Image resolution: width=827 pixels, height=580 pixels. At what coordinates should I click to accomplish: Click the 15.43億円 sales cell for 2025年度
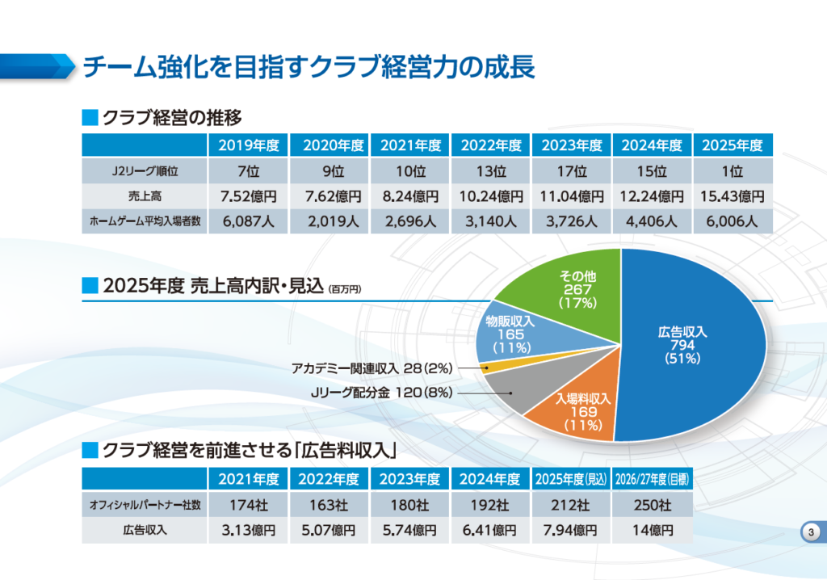pos(733,196)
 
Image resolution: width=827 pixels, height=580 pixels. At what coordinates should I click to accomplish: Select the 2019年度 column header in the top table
pos(249,145)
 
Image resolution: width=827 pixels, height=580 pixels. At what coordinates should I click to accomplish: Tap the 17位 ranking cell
pos(572,171)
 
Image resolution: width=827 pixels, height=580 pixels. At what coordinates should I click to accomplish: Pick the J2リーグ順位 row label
pos(145,171)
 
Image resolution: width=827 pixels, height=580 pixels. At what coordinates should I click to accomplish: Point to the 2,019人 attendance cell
pos(330,221)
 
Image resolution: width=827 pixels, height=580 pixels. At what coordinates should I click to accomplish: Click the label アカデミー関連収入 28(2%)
pos(372,369)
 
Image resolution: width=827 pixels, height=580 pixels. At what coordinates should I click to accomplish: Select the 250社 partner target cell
pos(653,506)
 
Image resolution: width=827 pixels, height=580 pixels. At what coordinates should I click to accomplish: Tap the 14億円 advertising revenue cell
pos(653,531)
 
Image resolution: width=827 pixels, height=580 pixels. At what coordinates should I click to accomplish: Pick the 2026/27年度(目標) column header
pos(653,480)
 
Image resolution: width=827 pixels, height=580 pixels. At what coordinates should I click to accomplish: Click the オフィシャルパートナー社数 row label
pos(145,506)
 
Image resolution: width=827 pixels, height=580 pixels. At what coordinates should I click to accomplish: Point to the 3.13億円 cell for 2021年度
pos(249,531)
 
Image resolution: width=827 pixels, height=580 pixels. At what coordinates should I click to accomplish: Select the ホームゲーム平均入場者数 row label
pos(145,221)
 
